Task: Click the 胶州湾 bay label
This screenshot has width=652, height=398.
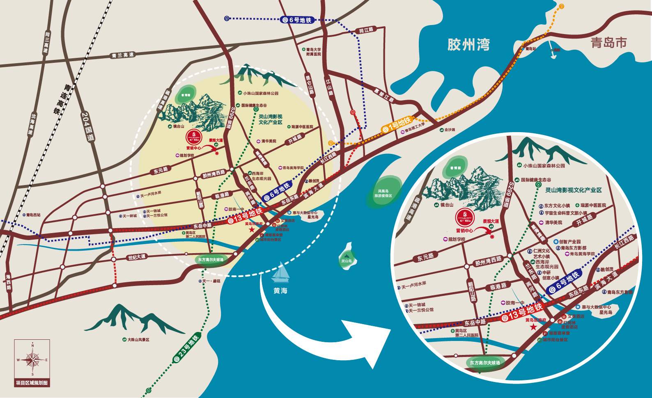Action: point(468,44)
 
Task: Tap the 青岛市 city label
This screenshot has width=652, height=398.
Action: point(608,43)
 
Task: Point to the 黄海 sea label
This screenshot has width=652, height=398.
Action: point(280,290)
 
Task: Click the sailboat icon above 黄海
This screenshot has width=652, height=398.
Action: point(281,272)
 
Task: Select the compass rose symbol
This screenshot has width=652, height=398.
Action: point(32,360)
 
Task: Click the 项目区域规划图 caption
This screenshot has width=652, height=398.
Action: point(32,383)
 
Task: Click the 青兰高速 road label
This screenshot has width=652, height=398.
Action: point(122,55)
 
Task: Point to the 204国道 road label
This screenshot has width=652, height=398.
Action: point(87,127)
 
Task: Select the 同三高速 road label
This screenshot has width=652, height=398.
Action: point(47,42)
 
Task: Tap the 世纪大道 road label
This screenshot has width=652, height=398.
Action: point(137,257)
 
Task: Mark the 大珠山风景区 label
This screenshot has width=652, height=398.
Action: point(138,340)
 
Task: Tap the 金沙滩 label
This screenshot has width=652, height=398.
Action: point(450,130)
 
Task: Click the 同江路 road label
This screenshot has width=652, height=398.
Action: point(366,30)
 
